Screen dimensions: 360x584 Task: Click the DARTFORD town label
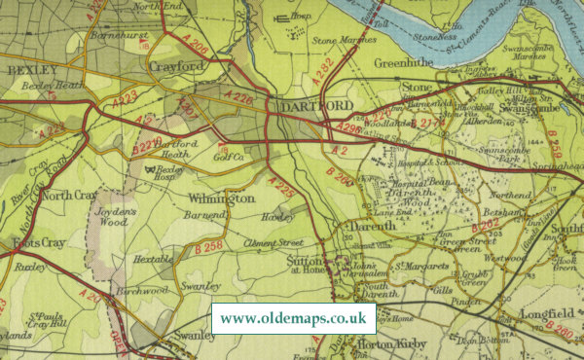308,105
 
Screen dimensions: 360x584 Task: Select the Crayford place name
178,66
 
